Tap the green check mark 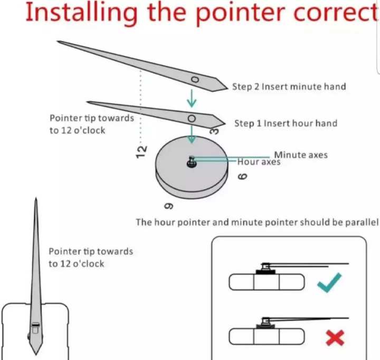pyautogui.click(x=329, y=283)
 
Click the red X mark pyautogui.click(x=335, y=338)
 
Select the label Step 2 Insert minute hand pyautogui.click(x=289, y=86)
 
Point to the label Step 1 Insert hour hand pyautogui.click(x=286, y=123)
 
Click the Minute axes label pyautogui.click(x=301, y=155)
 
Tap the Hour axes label pyautogui.click(x=259, y=162)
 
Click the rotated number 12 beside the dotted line pyautogui.click(x=141, y=152)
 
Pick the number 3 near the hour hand pyautogui.click(x=214, y=131)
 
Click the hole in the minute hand pyautogui.click(x=195, y=80)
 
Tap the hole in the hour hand pyautogui.click(x=192, y=119)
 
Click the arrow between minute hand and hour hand pyautogui.click(x=192, y=98)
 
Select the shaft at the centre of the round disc pyautogui.click(x=192, y=162)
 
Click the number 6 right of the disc pyautogui.click(x=243, y=176)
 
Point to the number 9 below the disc pyautogui.click(x=169, y=206)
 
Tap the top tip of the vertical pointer pyautogui.click(x=36, y=198)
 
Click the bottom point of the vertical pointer pyautogui.click(x=36, y=354)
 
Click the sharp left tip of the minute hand pyautogui.click(x=58, y=42)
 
